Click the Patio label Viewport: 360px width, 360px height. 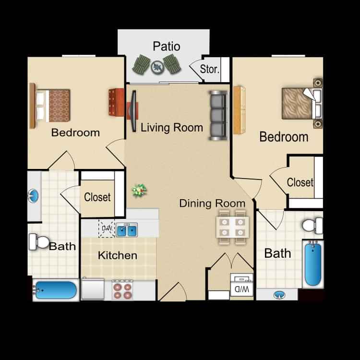click(167, 47)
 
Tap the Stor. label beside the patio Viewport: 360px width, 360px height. click(210, 69)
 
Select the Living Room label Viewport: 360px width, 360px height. click(172, 128)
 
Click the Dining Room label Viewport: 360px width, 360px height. click(212, 203)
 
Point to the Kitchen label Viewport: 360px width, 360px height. click(118, 255)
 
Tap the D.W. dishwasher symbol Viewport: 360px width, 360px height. click(106, 229)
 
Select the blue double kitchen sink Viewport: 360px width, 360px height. click(127, 231)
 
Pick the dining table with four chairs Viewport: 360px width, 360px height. click(233, 227)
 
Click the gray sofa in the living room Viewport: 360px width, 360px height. click(217, 115)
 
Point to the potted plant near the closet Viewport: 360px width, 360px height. click(139, 191)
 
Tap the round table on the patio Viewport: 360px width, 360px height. click(157, 67)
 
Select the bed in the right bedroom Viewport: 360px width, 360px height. click(300, 103)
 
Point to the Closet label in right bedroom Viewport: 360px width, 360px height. click(300, 182)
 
